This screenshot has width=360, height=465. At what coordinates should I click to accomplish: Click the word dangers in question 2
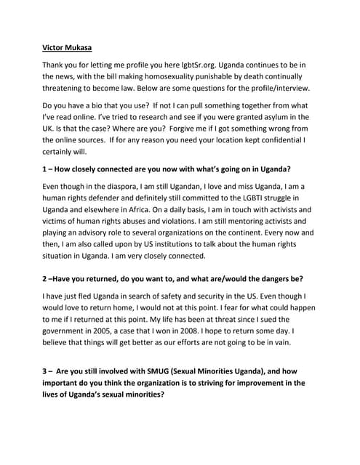[x=251, y=279]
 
